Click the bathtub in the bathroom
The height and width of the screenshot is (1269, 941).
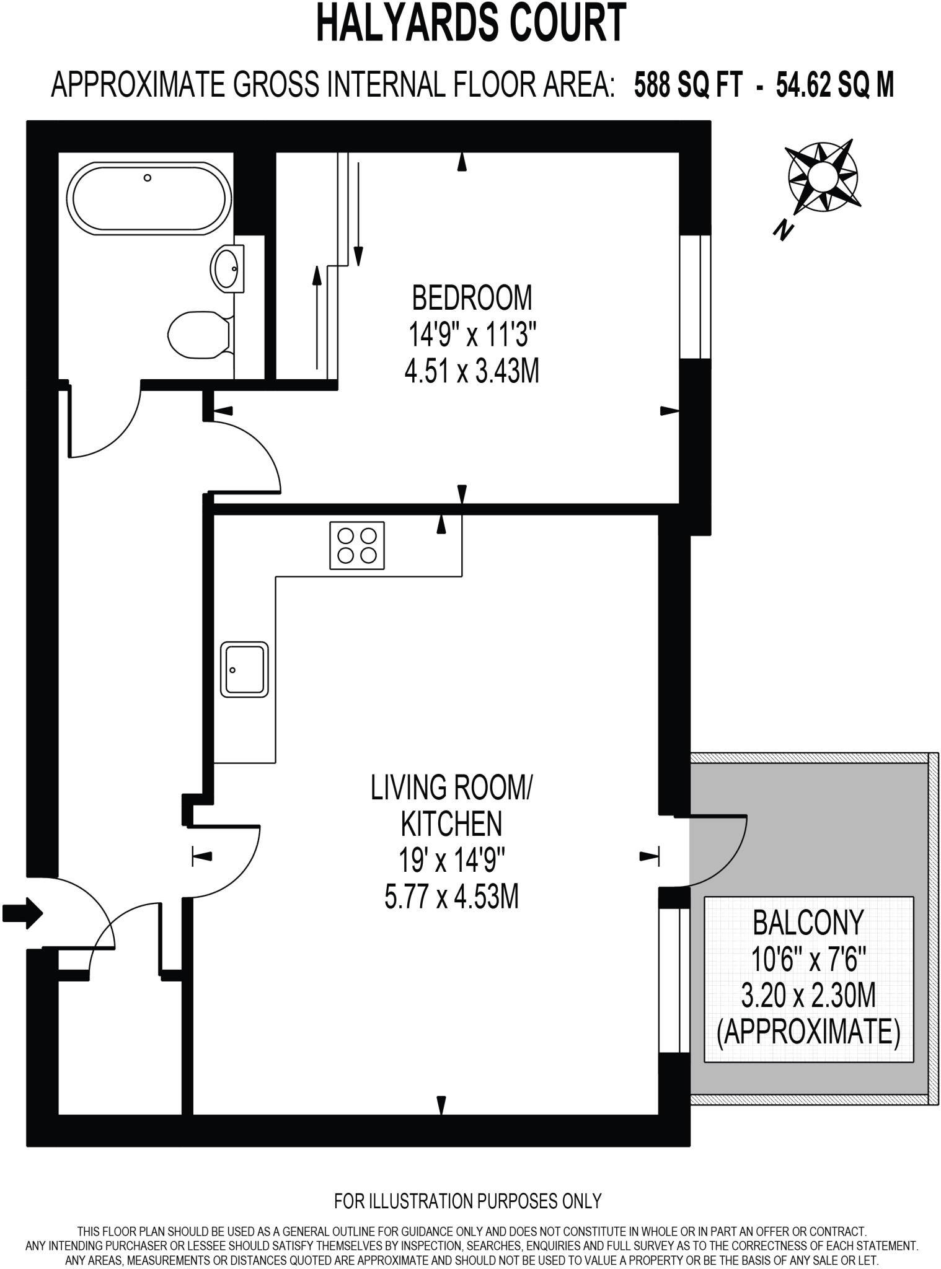click(149, 198)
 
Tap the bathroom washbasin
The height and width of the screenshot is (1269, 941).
click(227, 268)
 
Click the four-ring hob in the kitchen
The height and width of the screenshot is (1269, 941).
click(356, 545)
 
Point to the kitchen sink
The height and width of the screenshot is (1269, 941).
click(244, 669)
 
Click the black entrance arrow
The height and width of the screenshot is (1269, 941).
click(22, 913)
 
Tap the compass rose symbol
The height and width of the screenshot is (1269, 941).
click(823, 177)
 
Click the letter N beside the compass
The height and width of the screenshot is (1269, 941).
click(784, 231)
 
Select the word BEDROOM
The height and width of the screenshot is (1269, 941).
click(472, 298)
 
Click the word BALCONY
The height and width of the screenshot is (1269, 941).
click(808, 923)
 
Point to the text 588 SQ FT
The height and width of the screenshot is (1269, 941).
click(687, 85)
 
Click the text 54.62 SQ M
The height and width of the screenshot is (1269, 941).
click(834, 85)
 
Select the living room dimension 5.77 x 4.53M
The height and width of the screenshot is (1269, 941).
click(451, 897)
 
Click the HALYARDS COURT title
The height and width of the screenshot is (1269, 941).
click(471, 23)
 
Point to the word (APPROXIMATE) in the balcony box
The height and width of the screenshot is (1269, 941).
click(808, 1032)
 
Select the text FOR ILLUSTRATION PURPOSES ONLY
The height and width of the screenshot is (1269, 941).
click(468, 1201)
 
